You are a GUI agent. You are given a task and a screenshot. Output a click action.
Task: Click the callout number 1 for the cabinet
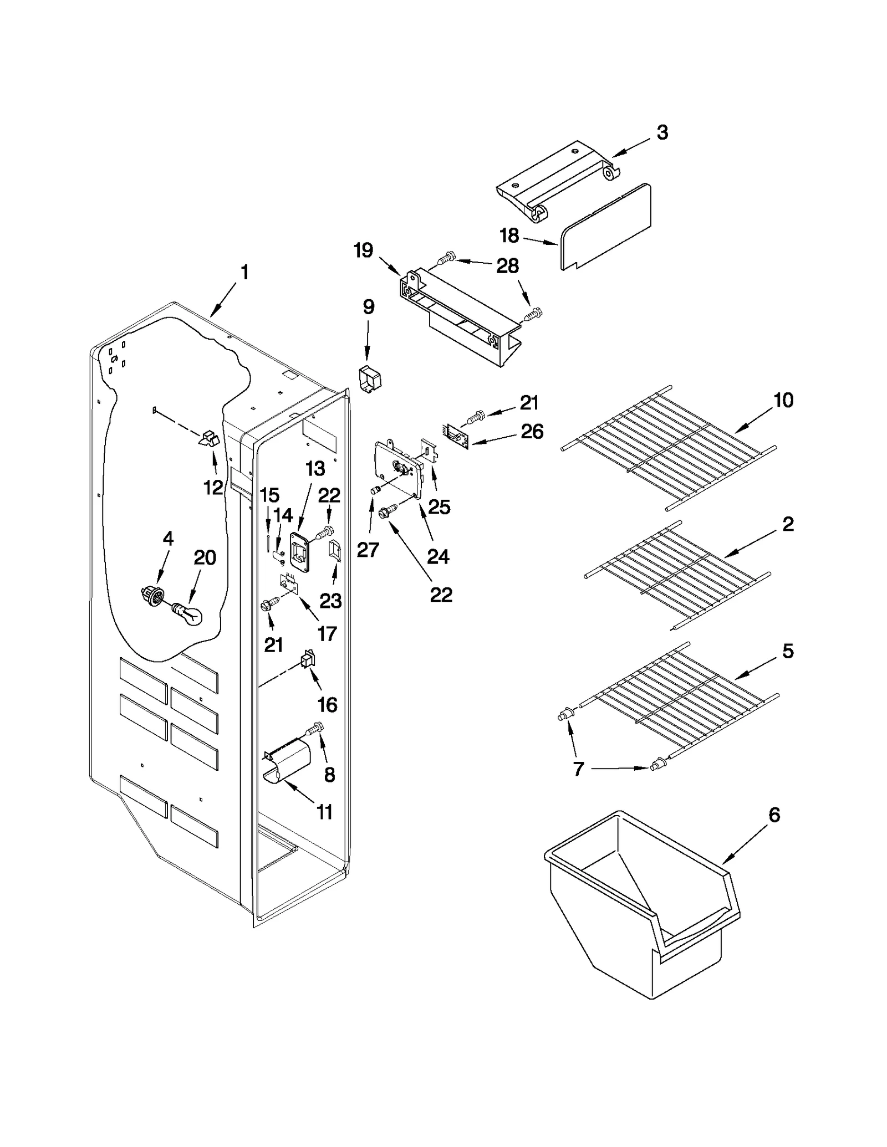(244, 273)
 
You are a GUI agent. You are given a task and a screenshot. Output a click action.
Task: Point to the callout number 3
(662, 133)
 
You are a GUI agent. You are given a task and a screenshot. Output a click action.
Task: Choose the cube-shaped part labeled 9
(369, 380)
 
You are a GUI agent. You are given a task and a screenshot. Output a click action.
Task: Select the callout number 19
(364, 250)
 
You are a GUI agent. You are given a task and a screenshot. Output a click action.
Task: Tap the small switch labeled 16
(307, 661)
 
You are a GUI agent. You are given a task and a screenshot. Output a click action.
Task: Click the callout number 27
(368, 550)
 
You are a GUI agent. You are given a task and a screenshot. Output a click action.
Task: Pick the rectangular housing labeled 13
(299, 553)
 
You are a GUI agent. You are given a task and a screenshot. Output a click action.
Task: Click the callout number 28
(507, 266)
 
